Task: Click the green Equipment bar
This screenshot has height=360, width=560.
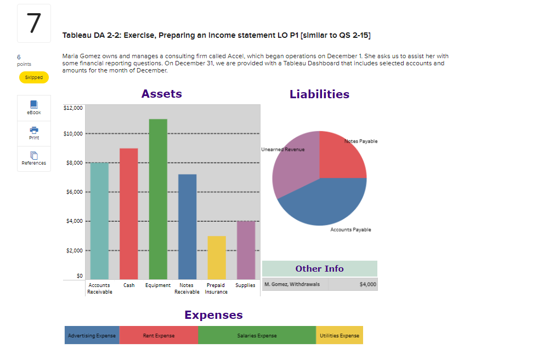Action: click(x=158, y=199)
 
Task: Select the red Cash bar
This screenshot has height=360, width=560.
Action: click(x=128, y=214)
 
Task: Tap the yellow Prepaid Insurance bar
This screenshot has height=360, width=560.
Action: click(x=216, y=257)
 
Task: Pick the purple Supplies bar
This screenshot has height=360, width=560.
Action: click(x=246, y=250)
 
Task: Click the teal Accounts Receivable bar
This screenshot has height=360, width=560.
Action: click(x=99, y=221)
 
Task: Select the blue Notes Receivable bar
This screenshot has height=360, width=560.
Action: click(x=187, y=227)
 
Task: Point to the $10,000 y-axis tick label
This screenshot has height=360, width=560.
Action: click(x=73, y=133)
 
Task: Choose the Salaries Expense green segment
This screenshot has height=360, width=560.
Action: click(x=257, y=335)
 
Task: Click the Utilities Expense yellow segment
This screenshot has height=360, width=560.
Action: click(x=339, y=335)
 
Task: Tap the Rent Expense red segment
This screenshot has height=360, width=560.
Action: click(x=159, y=335)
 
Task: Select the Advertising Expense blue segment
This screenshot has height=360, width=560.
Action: click(x=92, y=335)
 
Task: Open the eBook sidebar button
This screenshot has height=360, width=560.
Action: click(x=34, y=108)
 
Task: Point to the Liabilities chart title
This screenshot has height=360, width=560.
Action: click(x=319, y=94)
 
